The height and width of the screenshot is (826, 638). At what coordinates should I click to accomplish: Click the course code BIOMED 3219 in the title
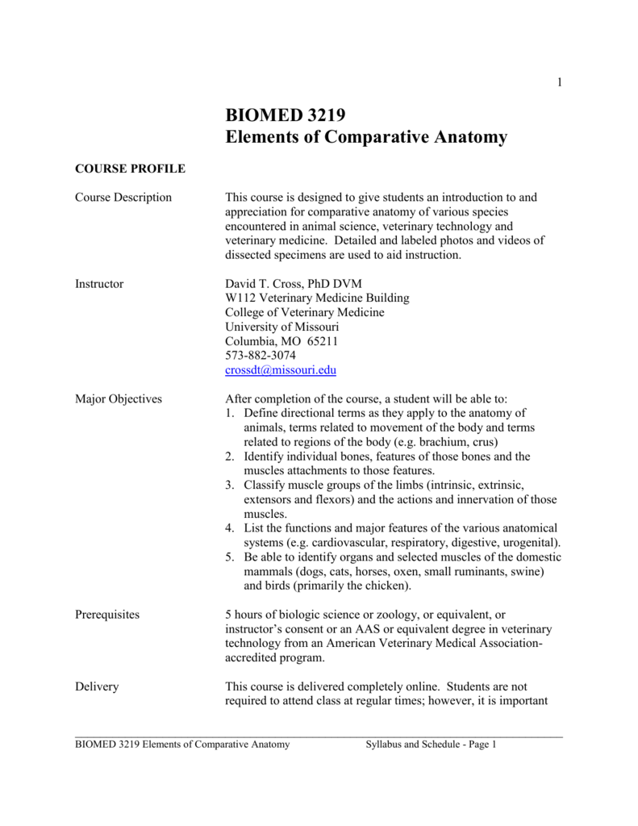point(283,113)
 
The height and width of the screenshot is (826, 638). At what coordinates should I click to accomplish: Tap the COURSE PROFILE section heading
point(130,169)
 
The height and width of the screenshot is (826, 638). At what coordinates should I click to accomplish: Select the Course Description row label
point(123,198)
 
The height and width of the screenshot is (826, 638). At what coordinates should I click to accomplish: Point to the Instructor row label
point(99,284)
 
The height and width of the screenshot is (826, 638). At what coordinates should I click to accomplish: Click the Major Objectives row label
point(118,398)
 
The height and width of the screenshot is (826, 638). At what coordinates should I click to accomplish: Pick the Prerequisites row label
point(106,615)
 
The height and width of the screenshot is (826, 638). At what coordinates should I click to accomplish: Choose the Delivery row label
point(97,686)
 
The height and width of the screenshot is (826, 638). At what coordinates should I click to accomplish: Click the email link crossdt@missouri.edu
point(280,370)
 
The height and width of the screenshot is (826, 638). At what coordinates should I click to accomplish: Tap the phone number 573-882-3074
point(260,356)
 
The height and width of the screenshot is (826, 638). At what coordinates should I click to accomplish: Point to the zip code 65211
point(322,341)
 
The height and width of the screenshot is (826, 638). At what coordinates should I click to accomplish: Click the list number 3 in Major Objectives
point(229,485)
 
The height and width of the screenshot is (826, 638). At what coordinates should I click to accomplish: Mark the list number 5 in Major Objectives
point(229,557)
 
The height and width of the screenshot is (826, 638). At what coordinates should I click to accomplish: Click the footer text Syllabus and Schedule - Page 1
point(431,745)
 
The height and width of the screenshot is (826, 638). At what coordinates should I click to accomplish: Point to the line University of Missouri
point(281,327)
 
